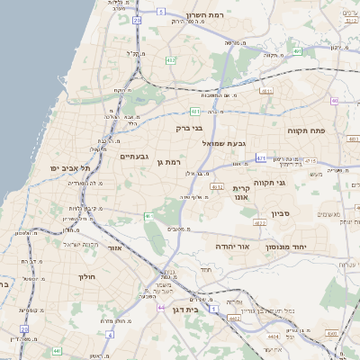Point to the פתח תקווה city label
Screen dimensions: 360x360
coord(306,130)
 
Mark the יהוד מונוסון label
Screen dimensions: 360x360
coord(286,246)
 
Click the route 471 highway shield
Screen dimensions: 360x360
coord(261,157)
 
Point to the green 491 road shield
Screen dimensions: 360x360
coord(297,51)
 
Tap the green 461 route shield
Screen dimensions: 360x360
coord(148,217)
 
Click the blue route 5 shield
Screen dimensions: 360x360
coord(161,11)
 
